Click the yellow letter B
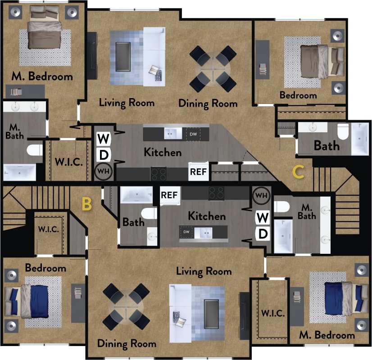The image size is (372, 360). click(x=86, y=204)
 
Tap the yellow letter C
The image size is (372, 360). click(x=298, y=171)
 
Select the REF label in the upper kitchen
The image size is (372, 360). click(x=198, y=171)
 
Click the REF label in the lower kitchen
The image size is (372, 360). click(x=169, y=195)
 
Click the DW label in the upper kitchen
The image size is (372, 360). click(x=193, y=134)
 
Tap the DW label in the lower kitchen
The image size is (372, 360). click(x=186, y=232)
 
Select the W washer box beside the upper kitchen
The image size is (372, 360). click(x=103, y=138)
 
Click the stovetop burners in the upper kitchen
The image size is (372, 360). click(x=158, y=172)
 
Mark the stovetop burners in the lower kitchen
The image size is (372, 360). click(x=216, y=193)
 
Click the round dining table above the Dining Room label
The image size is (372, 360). click(x=213, y=68)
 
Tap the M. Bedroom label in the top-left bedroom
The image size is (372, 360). click(x=42, y=76)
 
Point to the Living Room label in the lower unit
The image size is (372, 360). click(x=204, y=271)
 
